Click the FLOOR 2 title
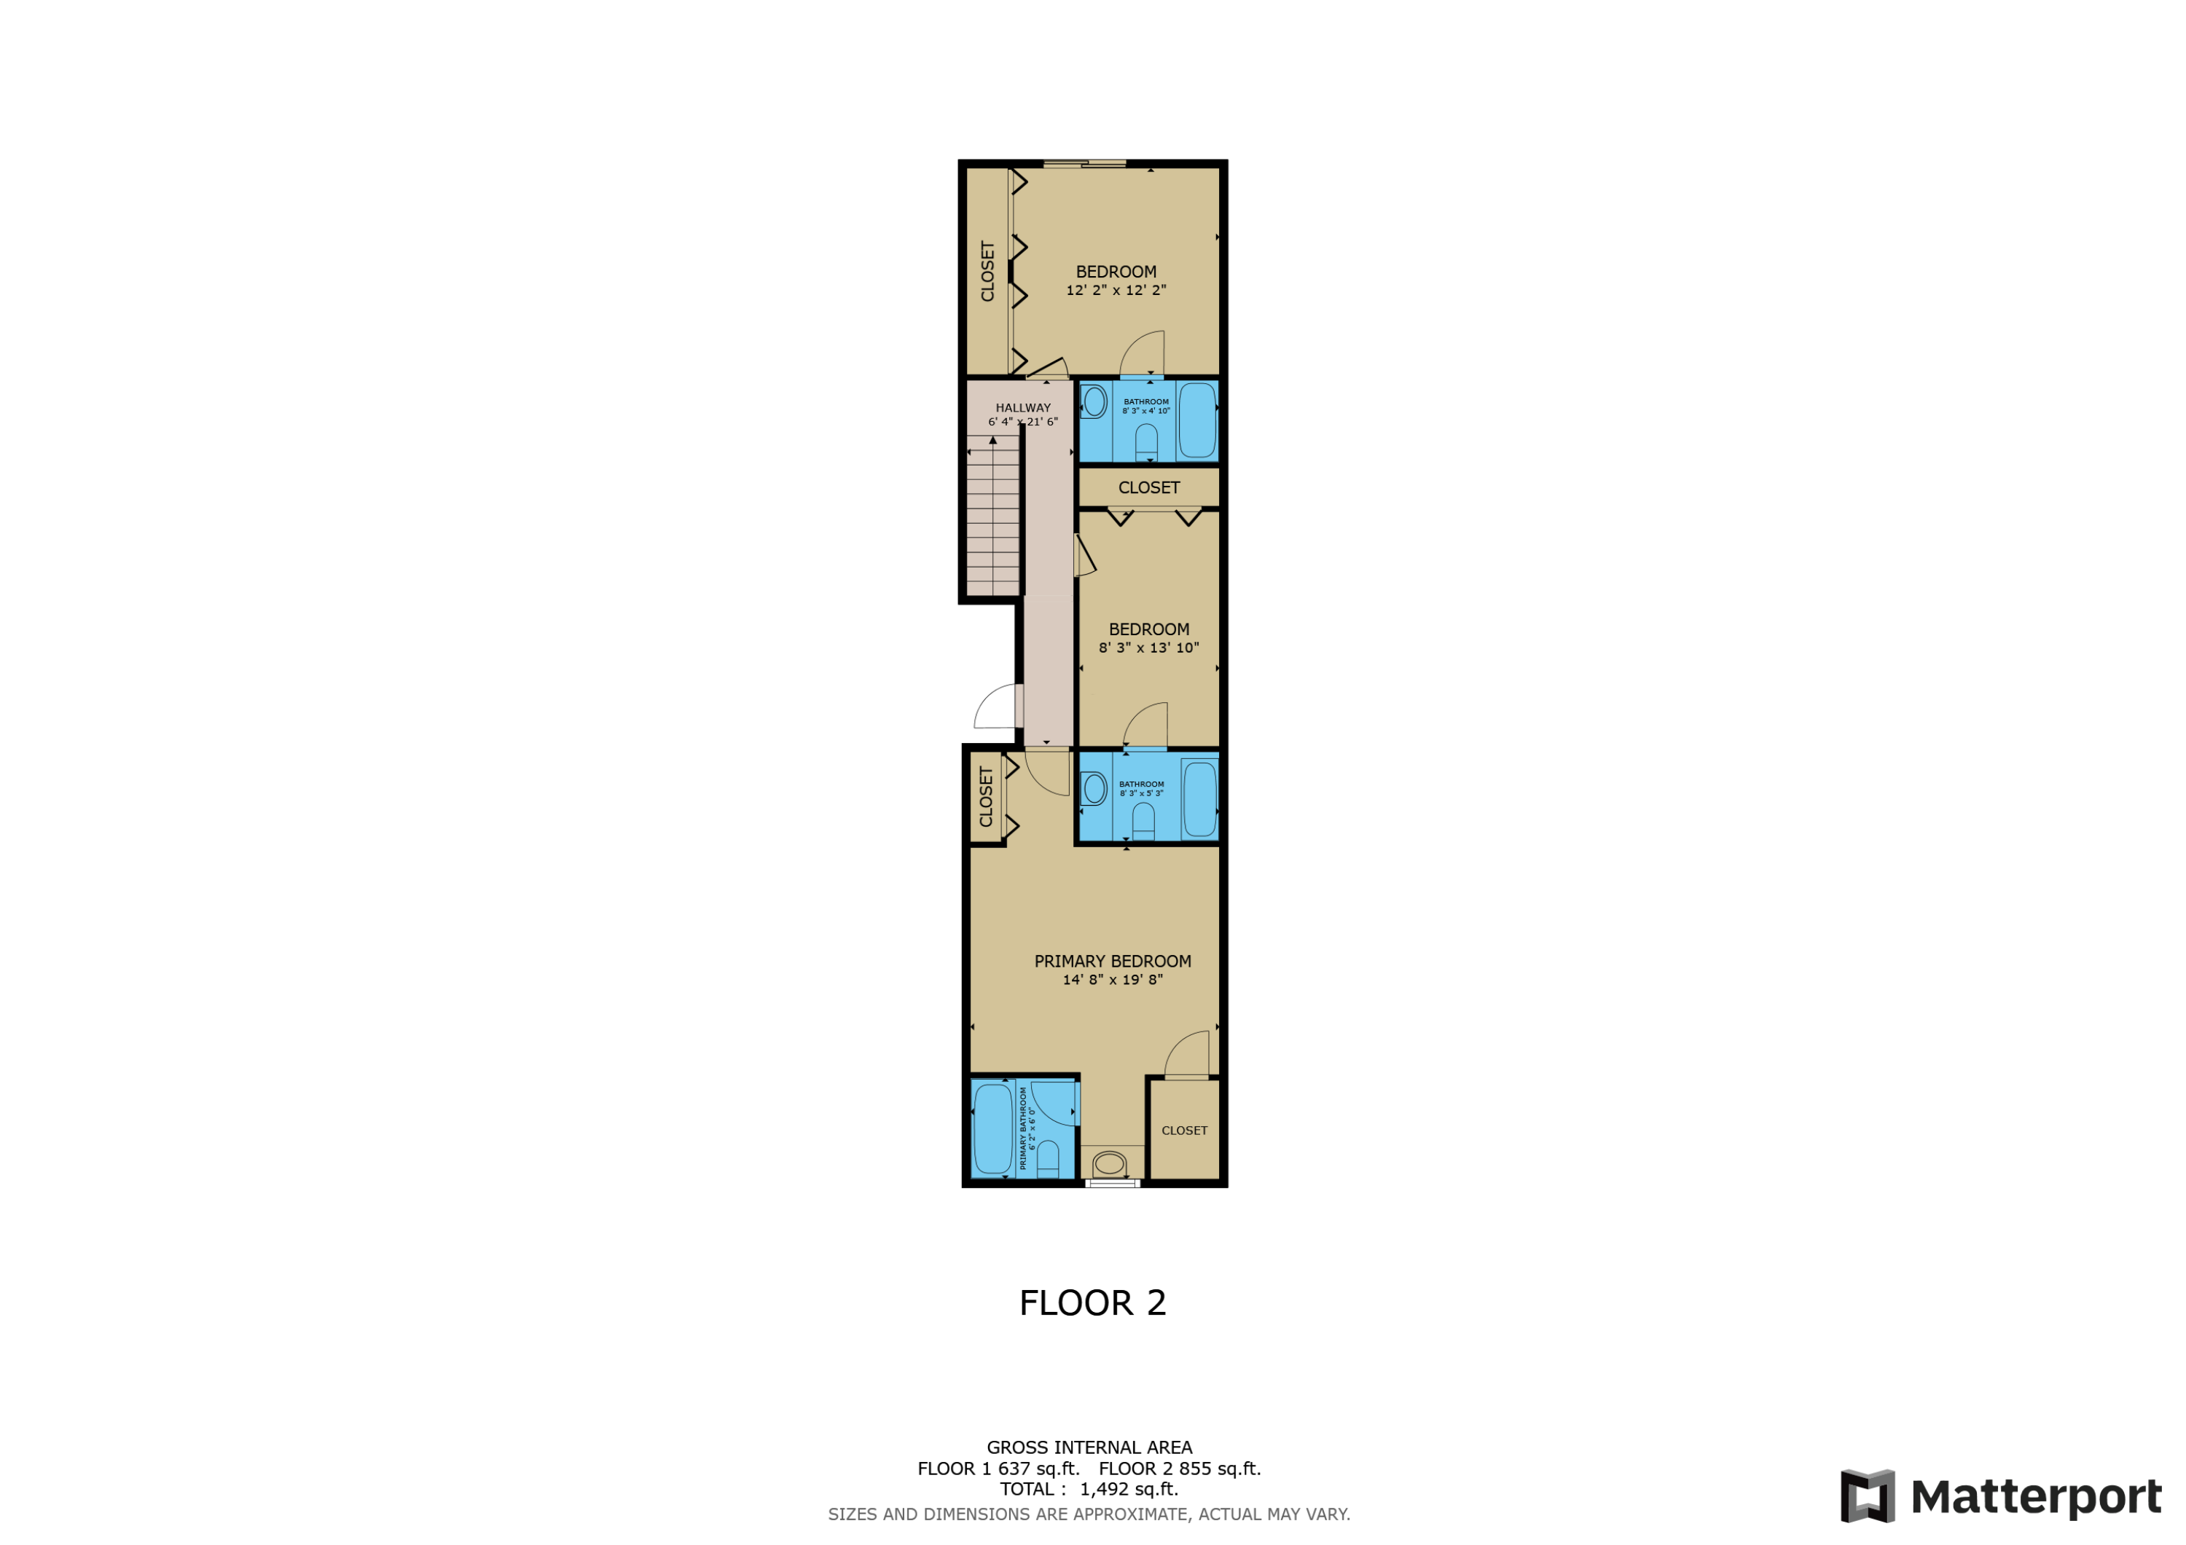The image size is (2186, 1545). pos(1092,1302)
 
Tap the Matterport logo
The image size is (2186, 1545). pos(2000,1495)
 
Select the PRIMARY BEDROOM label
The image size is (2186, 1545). pos(1112,962)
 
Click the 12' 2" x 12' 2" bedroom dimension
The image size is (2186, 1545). pos(1116,291)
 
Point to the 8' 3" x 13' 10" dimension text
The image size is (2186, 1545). pos(1148,648)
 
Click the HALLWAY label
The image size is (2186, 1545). pos(1022,407)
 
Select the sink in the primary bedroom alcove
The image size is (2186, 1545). pos(1109,1163)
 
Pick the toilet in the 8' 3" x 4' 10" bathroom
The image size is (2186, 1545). pos(1146,443)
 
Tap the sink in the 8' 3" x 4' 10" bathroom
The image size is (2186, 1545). pos(1094,401)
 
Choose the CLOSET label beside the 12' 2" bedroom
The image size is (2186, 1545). pos(987,271)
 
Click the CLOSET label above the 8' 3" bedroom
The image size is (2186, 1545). pos(1148,487)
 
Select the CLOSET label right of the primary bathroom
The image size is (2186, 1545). pos(1183,1130)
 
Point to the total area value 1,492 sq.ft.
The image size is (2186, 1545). pos(1128,1489)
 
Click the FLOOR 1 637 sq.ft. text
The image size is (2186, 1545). pos(998,1469)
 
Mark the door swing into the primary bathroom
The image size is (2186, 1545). pos(1053,1105)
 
